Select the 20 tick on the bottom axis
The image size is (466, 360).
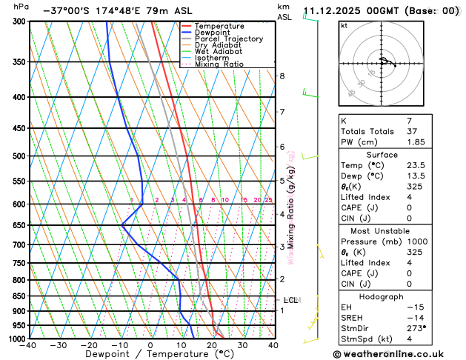(212, 345)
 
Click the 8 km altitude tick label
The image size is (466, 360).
(282, 76)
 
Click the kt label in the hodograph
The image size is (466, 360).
(344, 26)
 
